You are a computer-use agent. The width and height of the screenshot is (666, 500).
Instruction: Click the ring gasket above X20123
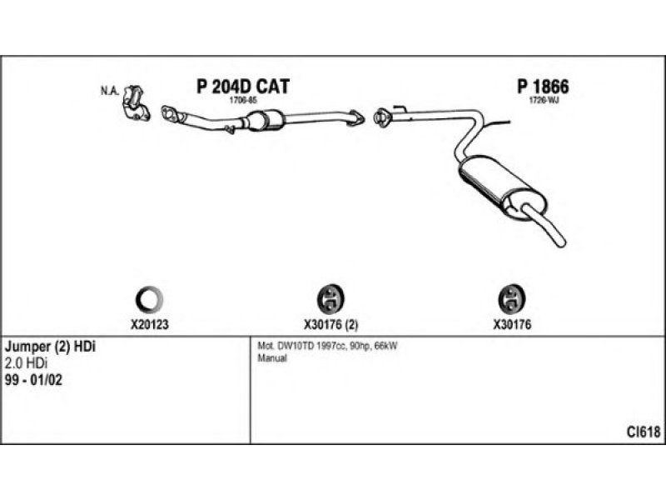click(x=150, y=297)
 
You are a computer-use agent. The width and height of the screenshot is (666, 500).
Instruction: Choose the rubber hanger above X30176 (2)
click(x=332, y=297)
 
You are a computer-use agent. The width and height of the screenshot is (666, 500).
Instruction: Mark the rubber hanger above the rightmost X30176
click(x=510, y=297)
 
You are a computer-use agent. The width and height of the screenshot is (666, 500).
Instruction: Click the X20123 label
click(x=150, y=324)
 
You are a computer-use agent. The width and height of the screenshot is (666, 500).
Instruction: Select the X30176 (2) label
click(x=331, y=324)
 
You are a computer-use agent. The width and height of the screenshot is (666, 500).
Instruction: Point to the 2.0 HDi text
click(x=27, y=363)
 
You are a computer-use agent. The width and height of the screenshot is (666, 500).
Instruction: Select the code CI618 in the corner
click(x=644, y=432)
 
